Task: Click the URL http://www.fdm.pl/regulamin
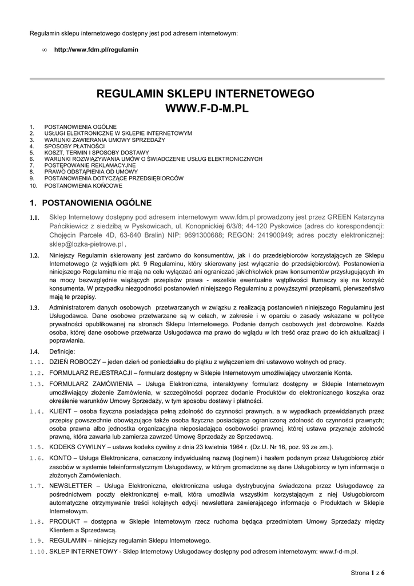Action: (96, 50)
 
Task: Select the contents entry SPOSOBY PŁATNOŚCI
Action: (74, 146)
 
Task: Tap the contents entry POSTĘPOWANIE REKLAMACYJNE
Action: (86, 165)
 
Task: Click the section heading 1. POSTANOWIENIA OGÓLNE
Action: (90, 203)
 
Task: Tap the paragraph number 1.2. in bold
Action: (35, 255)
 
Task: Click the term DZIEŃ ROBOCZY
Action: (74, 362)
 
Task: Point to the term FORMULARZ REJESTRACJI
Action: (87, 373)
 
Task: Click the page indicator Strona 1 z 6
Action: (367, 572)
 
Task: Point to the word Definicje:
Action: (62, 351)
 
